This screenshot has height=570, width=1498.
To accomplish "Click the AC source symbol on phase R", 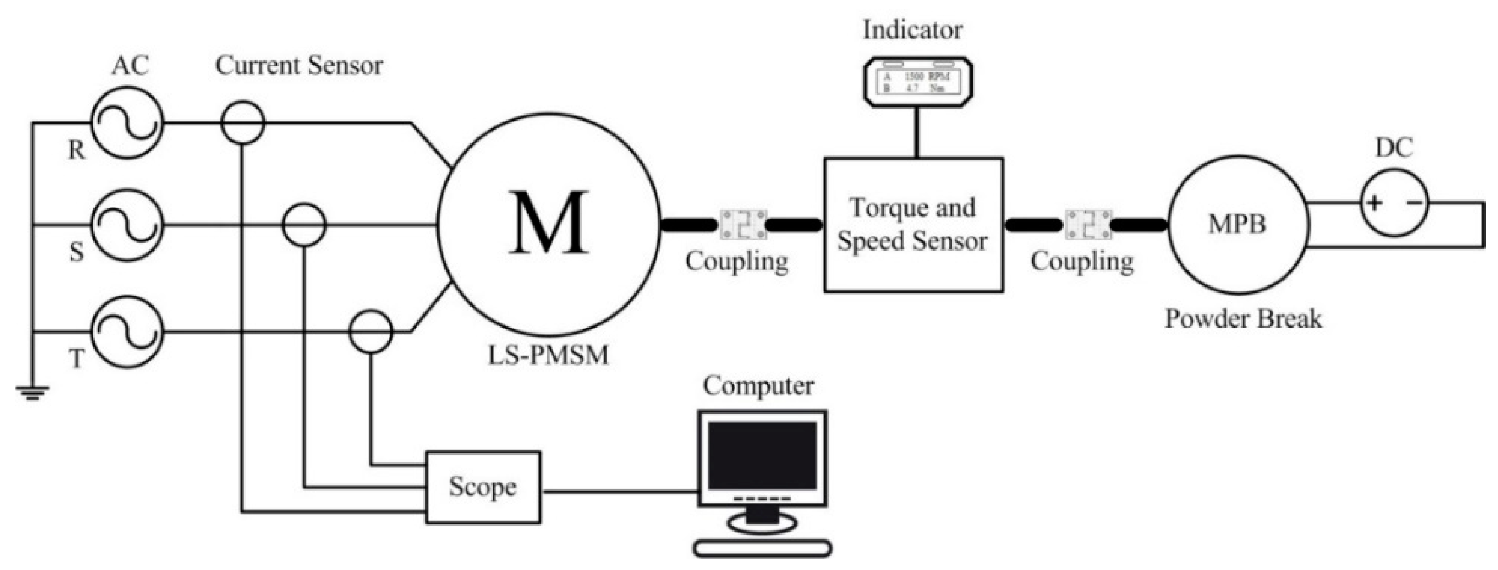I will (x=127, y=122).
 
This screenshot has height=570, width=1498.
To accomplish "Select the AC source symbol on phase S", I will (x=127, y=225).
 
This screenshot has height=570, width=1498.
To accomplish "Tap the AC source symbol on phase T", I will (x=127, y=332).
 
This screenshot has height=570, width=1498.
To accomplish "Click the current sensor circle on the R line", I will (x=243, y=122).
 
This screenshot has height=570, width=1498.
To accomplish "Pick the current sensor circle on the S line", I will (x=303, y=225).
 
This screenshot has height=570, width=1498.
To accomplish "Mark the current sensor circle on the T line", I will (x=370, y=332).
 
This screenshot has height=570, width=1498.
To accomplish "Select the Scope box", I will (x=483, y=487).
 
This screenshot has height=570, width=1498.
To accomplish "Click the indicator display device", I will (x=918, y=82).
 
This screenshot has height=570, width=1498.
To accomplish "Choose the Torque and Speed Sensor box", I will (x=913, y=225).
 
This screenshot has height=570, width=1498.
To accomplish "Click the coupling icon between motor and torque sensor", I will (x=743, y=225).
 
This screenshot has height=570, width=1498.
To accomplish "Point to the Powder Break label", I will (x=1243, y=319).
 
